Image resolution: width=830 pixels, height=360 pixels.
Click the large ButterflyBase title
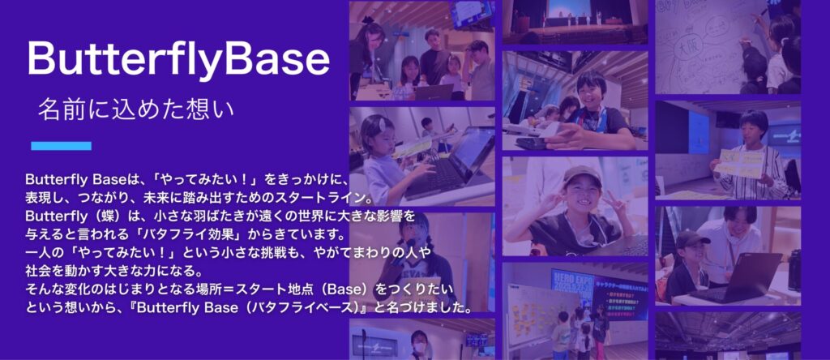178,60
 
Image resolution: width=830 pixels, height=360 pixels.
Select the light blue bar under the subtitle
61,146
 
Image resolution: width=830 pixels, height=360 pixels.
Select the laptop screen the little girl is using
473,151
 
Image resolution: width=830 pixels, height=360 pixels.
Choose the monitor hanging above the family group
471,13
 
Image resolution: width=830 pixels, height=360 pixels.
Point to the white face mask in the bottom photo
419,347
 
